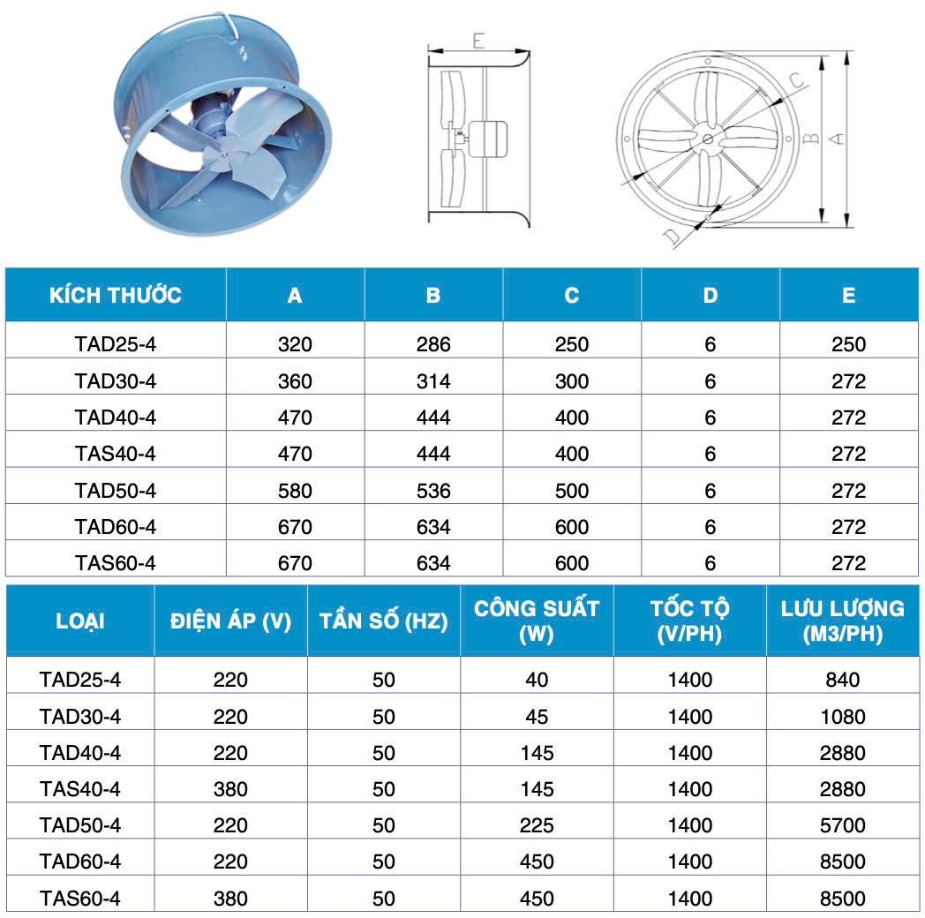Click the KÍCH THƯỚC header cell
(116, 295)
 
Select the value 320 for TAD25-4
(295, 344)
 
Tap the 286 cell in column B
(433, 344)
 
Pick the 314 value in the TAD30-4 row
(433, 381)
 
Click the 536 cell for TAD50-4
(433, 491)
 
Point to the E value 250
(848, 344)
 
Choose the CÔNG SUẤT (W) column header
(536, 621)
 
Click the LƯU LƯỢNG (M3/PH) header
(842, 621)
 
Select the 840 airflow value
(843, 680)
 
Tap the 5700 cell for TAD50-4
(843, 825)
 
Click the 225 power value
(537, 825)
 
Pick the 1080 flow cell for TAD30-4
(843, 717)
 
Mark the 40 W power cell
(537, 680)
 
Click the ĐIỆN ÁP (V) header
(230, 621)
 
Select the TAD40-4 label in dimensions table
(116, 418)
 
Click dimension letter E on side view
(478, 41)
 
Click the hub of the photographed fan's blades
(221, 155)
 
